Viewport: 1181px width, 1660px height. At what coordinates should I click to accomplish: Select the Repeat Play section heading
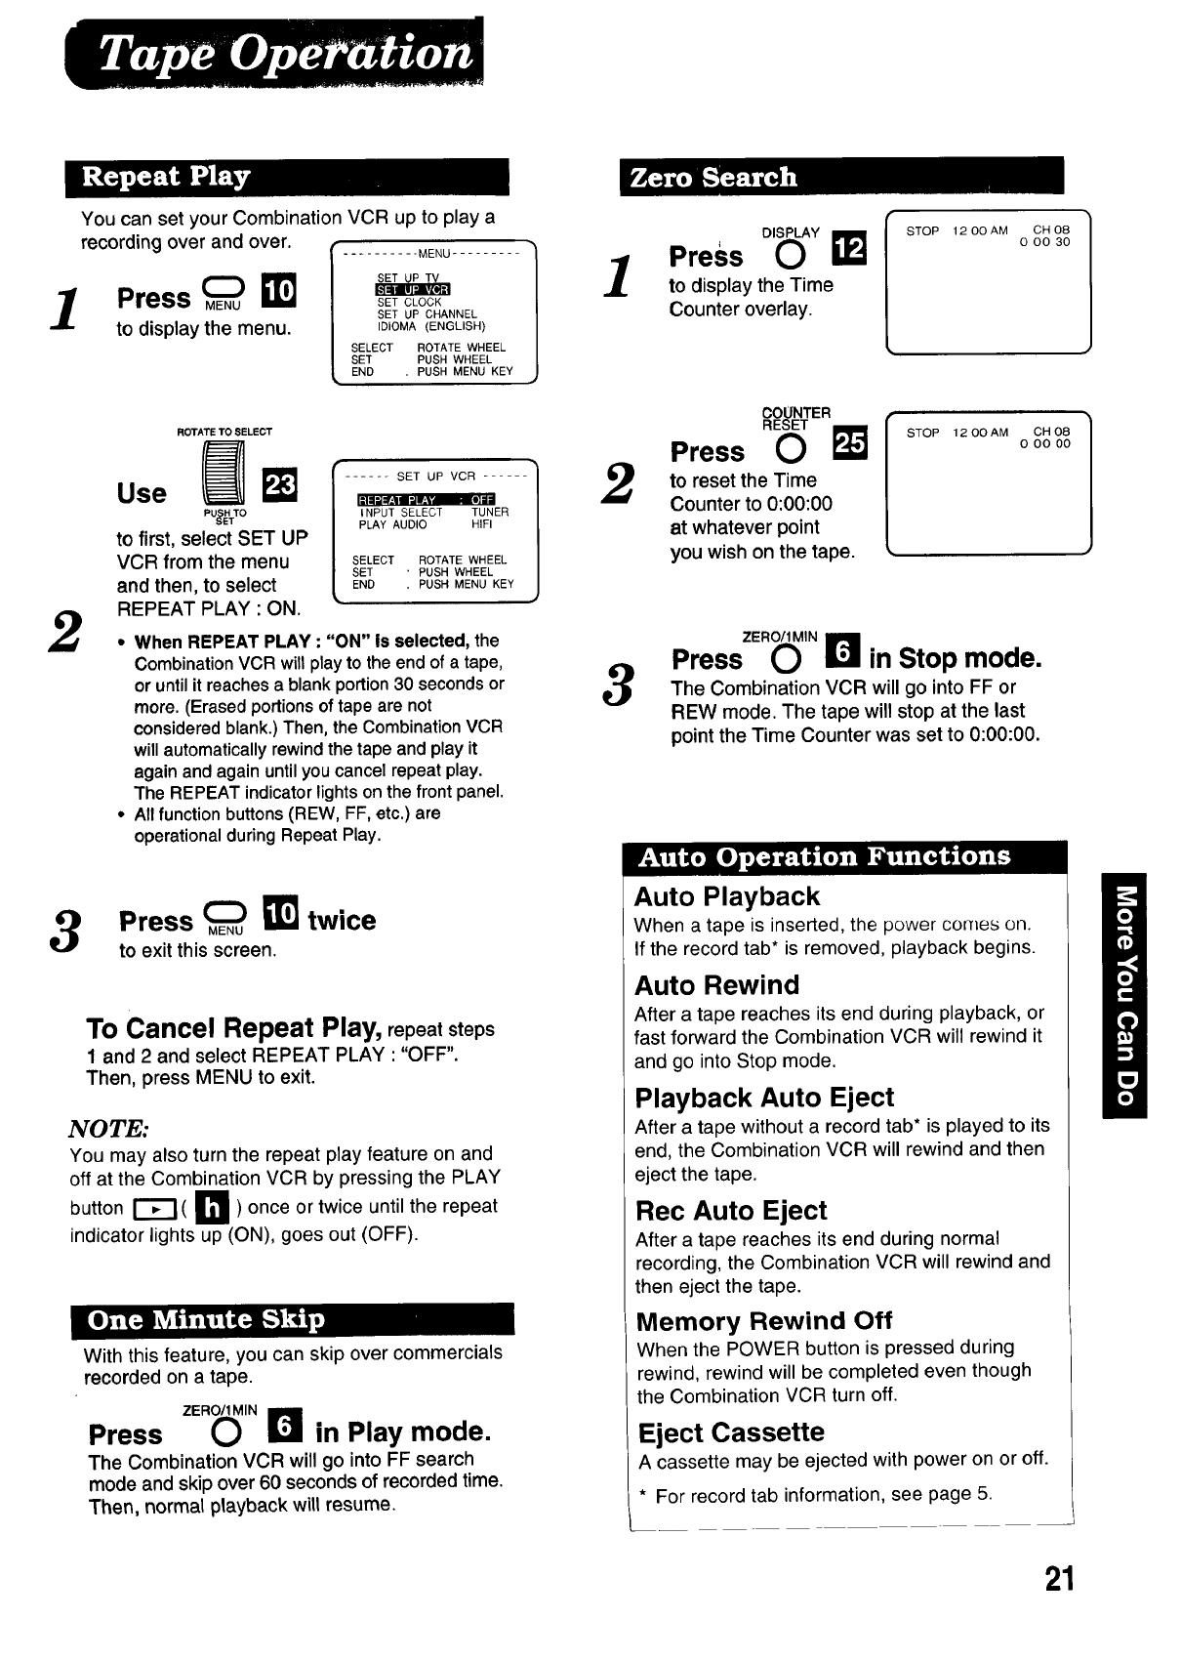(166, 177)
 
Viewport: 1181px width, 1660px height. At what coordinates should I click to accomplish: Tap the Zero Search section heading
(713, 177)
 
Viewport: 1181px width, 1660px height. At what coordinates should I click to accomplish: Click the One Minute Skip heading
(206, 1319)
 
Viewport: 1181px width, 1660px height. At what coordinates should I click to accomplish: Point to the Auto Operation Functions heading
(825, 856)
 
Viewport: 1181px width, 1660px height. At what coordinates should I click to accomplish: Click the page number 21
(1059, 1579)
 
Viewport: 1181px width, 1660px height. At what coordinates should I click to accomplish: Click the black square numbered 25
(847, 444)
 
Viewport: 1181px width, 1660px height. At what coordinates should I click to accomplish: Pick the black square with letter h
(212, 1208)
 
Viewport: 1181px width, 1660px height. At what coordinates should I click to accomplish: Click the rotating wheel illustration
(224, 475)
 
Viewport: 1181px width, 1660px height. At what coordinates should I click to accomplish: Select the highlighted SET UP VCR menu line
(412, 290)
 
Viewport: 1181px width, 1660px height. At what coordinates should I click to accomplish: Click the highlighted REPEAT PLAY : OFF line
(427, 501)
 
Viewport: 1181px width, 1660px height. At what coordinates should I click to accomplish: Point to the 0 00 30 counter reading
(1044, 243)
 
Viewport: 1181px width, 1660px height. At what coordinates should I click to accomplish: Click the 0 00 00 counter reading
(1044, 443)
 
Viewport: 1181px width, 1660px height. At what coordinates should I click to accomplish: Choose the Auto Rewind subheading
(716, 984)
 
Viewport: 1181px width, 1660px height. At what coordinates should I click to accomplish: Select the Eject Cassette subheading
(731, 1432)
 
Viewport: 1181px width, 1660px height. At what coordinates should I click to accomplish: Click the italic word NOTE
(107, 1129)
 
